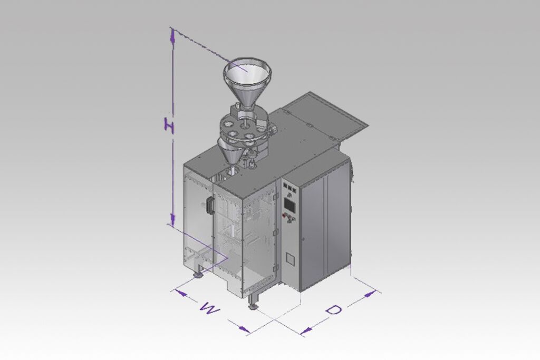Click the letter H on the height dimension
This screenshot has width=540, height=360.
[x=169, y=125]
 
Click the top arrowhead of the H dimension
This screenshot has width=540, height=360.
[x=173, y=36]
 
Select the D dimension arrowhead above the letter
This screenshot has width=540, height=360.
[x=370, y=294]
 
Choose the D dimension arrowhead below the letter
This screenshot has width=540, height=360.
[x=306, y=330]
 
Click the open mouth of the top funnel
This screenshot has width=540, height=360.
[x=247, y=73]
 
